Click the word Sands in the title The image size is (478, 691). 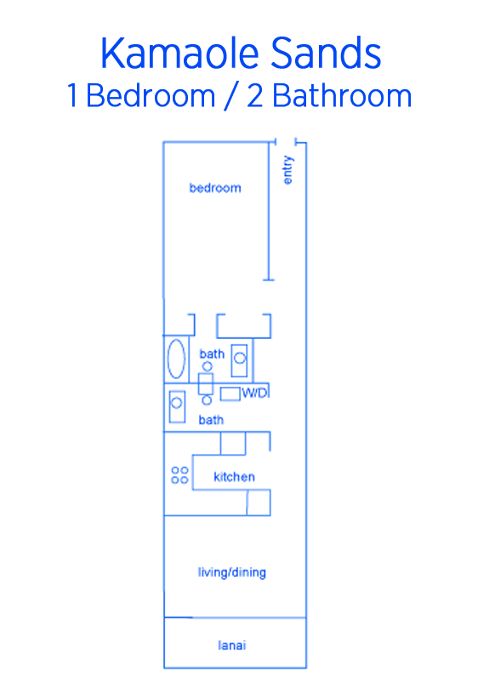326,53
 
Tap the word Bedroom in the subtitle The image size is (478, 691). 151,96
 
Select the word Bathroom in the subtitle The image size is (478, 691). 342,96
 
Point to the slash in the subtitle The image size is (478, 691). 230,97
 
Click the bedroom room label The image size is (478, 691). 215,188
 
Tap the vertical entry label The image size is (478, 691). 287,170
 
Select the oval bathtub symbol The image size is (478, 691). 176,359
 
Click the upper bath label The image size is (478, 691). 212,354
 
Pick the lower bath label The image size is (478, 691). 211,420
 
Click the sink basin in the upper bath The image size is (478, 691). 240,358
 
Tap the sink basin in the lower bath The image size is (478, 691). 177,403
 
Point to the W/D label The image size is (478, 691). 254,393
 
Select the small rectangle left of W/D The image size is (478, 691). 230,394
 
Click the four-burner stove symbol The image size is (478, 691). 179,475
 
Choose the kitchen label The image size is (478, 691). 234,477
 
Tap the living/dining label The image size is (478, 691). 232,573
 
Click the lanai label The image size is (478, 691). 232,645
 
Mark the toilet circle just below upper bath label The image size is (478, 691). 207,366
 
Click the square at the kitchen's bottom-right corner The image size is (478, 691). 259,502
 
